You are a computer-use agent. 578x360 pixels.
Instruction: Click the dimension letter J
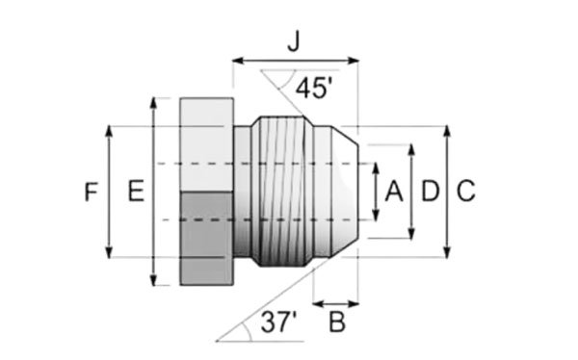(294, 42)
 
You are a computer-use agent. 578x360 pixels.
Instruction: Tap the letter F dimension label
(92, 192)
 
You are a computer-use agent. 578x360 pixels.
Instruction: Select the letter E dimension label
(136, 191)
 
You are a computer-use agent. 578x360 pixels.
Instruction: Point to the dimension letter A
(394, 192)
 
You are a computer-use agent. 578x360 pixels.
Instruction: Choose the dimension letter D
(431, 192)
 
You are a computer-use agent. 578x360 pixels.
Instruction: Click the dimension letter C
(466, 192)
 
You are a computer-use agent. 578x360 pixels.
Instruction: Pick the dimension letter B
(337, 322)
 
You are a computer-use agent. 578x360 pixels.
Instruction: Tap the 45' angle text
(314, 89)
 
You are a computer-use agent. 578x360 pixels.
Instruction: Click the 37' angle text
(278, 321)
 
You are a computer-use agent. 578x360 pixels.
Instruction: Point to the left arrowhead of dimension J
(238, 61)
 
